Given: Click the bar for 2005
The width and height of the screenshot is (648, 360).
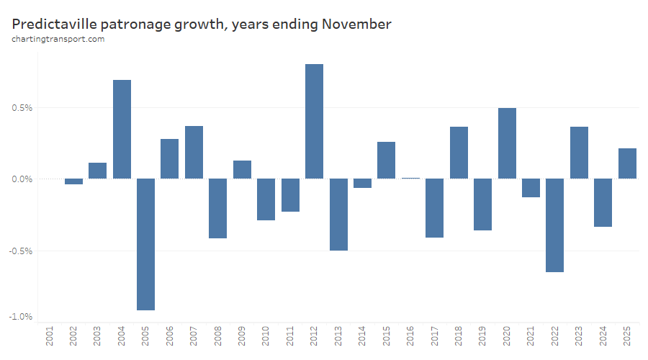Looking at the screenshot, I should tap(145, 244).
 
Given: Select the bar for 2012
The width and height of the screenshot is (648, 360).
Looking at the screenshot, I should tap(314, 121).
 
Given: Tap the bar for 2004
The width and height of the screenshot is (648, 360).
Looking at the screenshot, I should tap(122, 129).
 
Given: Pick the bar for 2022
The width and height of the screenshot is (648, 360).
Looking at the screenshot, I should tap(554, 225).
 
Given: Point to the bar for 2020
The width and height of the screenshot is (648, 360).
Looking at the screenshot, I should tap(507, 143).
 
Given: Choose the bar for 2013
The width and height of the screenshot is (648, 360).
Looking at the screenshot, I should tap(338, 215).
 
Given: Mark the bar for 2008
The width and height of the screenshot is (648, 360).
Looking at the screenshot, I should tap(218, 208).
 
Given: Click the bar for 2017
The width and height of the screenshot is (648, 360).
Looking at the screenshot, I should tap(434, 208).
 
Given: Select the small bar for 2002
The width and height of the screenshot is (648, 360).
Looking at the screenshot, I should tap(73, 181).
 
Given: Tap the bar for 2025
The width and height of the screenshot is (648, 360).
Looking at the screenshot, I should tap(627, 163).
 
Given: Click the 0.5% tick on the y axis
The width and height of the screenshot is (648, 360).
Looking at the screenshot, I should tap(23, 108).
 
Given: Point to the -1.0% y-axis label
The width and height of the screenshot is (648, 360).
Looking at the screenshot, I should tap(22, 317).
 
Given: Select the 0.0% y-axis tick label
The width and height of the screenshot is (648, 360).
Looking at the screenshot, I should tap(23, 179).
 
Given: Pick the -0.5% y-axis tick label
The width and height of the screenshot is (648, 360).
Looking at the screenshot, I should tap(22, 251).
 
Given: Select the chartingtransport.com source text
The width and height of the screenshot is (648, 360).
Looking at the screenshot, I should tap(58, 39).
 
